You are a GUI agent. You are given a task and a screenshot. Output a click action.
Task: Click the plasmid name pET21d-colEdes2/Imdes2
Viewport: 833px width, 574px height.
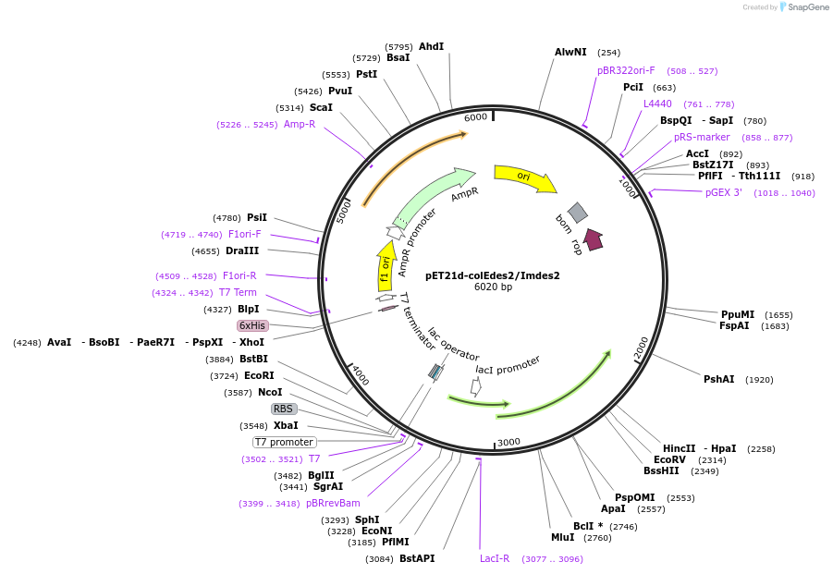(x=492, y=275)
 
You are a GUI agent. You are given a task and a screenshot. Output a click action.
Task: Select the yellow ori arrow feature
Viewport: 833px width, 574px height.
(x=524, y=177)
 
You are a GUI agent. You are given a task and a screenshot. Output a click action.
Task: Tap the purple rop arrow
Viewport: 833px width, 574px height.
(x=594, y=239)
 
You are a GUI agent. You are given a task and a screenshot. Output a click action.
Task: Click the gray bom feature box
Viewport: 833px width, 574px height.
(x=577, y=213)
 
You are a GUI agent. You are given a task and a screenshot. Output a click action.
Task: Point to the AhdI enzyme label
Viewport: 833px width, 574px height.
(x=432, y=46)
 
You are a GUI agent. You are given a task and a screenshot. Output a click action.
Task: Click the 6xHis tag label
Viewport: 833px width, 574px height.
(x=252, y=325)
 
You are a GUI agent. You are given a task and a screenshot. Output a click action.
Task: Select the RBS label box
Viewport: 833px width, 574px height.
(x=283, y=409)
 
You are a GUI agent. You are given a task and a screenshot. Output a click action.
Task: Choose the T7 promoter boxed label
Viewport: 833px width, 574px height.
(x=284, y=442)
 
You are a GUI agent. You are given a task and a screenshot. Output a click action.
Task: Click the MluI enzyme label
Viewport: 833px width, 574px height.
(x=562, y=537)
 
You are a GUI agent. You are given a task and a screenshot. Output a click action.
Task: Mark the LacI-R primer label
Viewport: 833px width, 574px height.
(x=495, y=558)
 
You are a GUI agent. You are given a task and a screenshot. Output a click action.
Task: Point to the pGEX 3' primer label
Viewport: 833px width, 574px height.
(x=724, y=192)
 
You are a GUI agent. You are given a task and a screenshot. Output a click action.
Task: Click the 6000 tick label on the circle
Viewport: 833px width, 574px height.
(x=475, y=117)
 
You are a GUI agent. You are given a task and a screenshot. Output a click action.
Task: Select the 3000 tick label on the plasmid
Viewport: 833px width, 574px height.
(x=508, y=443)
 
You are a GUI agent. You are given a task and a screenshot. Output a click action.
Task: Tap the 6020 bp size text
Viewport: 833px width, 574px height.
(x=492, y=287)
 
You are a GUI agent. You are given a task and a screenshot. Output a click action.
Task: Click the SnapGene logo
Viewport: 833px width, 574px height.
(x=802, y=7)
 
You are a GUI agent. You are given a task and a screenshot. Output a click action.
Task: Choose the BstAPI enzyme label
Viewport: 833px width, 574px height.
(x=417, y=558)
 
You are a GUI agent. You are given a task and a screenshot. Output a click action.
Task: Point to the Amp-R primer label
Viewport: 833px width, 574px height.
(x=300, y=124)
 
